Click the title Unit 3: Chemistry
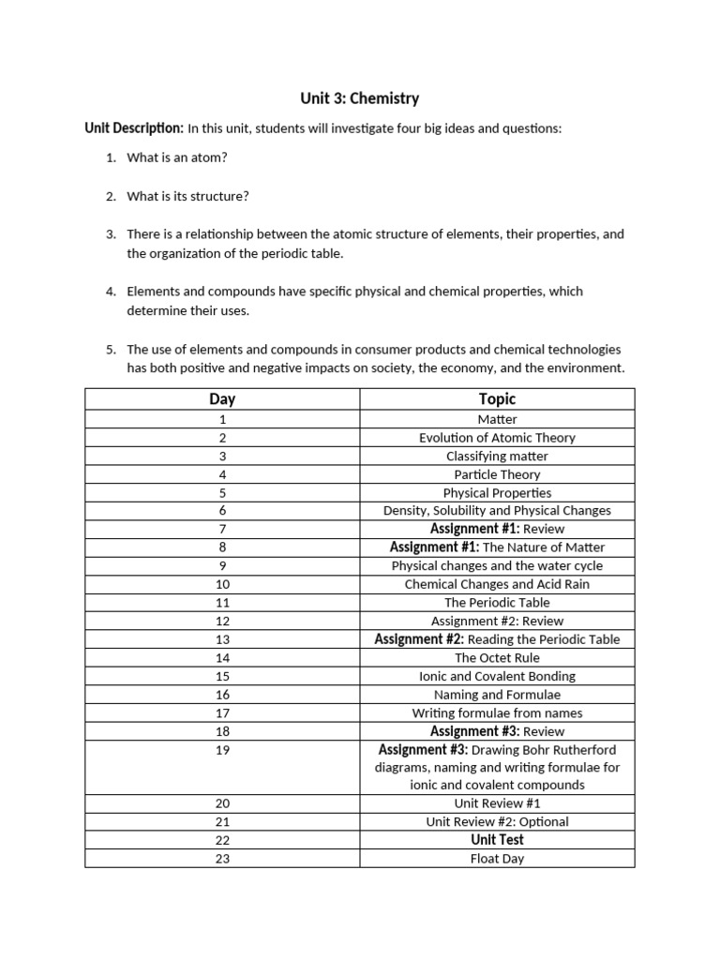(x=359, y=97)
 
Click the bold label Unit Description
(x=134, y=127)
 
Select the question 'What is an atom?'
(x=177, y=157)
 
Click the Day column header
(x=222, y=399)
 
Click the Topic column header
(x=497, y=399)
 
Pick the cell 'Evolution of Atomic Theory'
(x=497, y=438)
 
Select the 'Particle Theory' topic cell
(x=497, y=474)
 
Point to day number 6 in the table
(x=222, y=511)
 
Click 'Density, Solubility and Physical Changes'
(x=497, y=511)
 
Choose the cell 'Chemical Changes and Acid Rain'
(x=497, y=584)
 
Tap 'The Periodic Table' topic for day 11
(x=497, y=603)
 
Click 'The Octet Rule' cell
(x=497, y=658)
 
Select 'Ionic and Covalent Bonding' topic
(x=497, y=676)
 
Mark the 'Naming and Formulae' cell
(x=497, y=695)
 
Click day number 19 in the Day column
(x=222, y=750)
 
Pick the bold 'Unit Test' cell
(x=497, y=840)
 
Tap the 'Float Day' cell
(x=497, y=859)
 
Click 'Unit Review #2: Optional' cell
(x=497, y=822)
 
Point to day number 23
(x=222, y=859)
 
